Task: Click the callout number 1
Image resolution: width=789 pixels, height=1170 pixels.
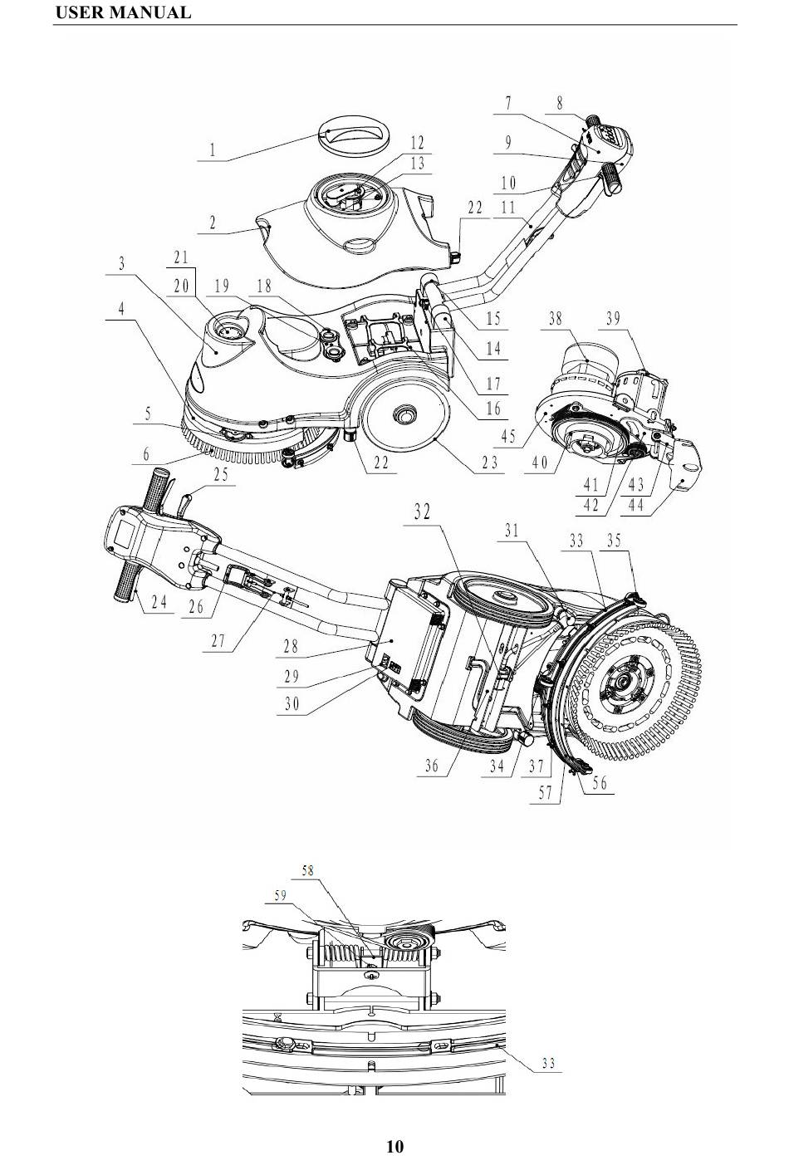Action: tap(212, 151)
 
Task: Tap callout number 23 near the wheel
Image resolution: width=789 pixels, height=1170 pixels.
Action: tap(490, 463)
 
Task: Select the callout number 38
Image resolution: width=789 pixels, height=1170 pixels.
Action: tap(556, 318)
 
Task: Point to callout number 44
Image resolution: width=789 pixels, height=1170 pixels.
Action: tap(636, 506)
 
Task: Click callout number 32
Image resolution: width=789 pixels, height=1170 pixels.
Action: tap(423, 512)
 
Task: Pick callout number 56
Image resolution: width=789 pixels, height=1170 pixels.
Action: tap(600, 782)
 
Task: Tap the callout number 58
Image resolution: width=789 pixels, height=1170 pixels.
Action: tap(308, 870)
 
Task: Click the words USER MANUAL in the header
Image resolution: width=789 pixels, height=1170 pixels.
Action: tap(123, 12)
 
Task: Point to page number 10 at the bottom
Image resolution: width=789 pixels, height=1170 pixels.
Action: tap(394, 1147)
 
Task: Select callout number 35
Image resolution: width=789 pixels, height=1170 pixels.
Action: tap(614, 541)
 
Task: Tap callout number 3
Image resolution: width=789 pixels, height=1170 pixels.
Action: tap(121, 264)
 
